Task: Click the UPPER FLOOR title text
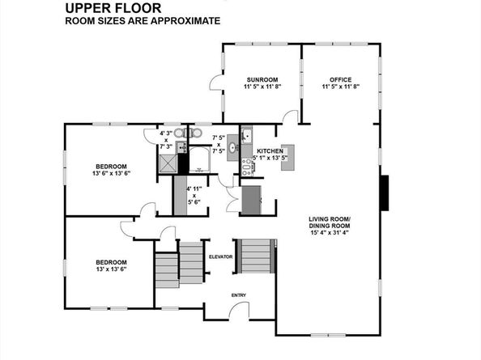[x=108, y=8]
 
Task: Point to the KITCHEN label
[x=269, y=151]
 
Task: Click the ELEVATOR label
[x=221, y=256]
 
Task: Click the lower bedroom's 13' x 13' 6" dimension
[x=111, y=270]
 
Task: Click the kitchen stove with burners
[x=246, y=166]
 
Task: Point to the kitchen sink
[x=246, y=135]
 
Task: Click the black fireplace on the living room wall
[x=385, y=193]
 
